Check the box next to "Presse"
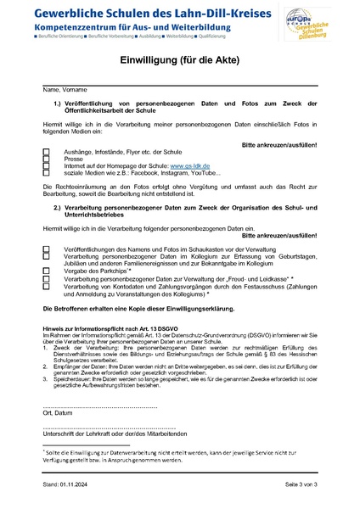pos(47,159)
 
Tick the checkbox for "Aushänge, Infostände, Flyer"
pos(47,151)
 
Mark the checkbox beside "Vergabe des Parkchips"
pos(47,269)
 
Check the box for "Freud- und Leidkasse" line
pos(47,277)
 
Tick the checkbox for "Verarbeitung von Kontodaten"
pos(47,287)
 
